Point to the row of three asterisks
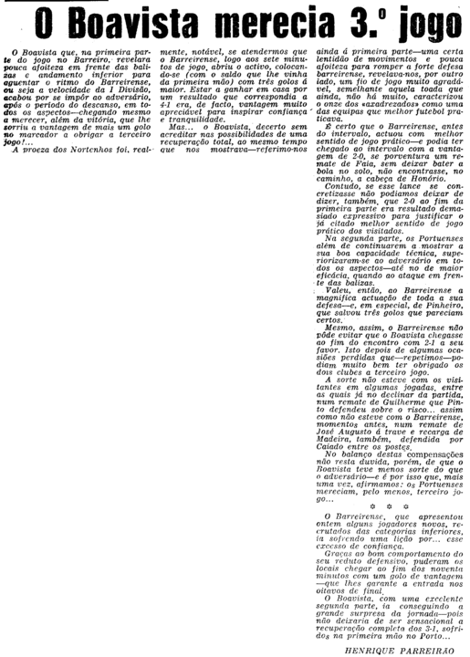389,505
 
